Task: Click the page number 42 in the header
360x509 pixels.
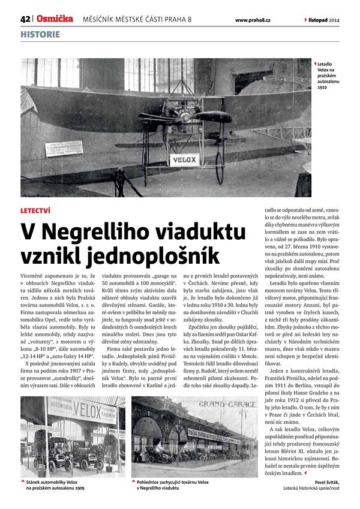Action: [25, 19]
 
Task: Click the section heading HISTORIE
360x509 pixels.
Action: [40, 35]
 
